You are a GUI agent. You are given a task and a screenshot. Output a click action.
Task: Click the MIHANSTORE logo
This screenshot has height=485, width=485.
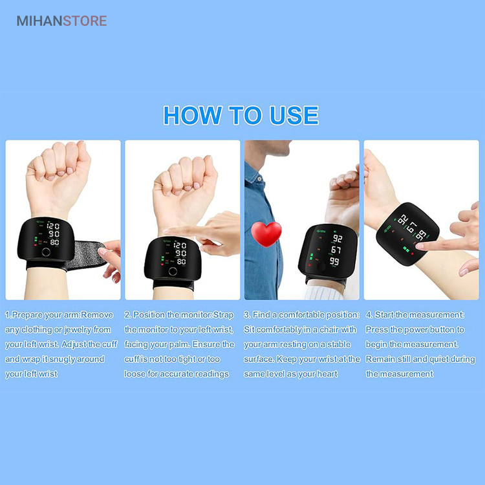pos(61,21)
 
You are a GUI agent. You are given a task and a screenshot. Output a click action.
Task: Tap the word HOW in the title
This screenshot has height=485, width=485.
pos(193,115)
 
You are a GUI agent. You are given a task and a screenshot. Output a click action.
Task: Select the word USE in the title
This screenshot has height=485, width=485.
pos(294,115)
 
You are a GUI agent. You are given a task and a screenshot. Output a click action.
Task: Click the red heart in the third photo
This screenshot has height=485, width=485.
pos(266,234)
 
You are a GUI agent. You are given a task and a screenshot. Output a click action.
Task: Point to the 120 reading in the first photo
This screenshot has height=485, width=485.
pos(53,226)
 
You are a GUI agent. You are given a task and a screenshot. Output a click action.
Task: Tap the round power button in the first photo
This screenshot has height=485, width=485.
pos(46,252)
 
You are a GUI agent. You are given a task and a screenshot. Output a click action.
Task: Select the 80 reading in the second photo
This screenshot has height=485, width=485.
pos(181,262)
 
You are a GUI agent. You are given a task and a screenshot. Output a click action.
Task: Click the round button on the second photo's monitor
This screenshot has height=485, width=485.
pos(173,271)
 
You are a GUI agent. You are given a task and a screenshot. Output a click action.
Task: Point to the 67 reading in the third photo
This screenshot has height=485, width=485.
pos(336,250)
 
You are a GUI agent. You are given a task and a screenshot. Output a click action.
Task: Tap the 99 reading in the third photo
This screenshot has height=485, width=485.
pos(334,262)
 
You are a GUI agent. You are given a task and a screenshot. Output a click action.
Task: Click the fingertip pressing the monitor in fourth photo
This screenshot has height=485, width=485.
pos(420,246)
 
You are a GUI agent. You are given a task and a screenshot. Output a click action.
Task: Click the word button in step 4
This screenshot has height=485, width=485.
pos(440,330)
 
